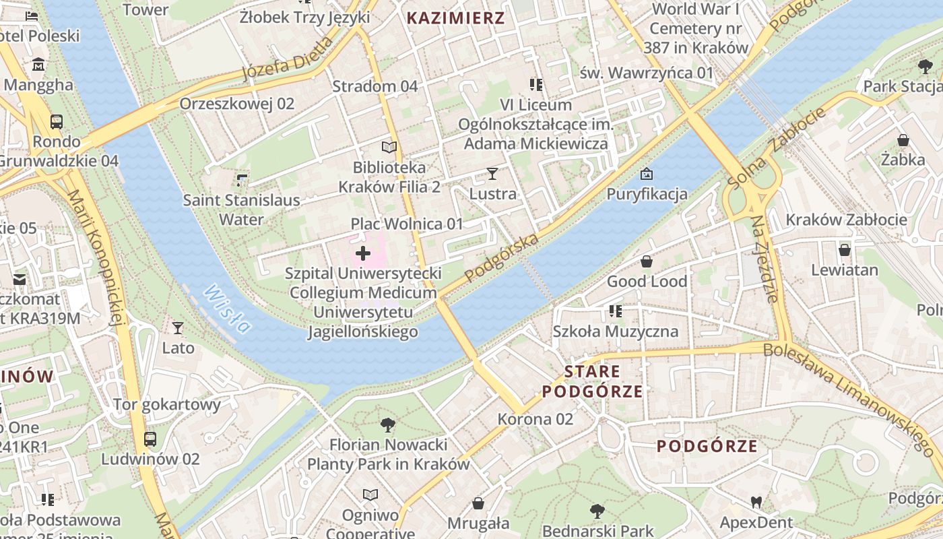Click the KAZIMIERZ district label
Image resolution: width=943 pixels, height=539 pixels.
456,18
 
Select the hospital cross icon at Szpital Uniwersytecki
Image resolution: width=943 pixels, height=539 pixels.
363,253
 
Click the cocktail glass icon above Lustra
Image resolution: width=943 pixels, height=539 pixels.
492,174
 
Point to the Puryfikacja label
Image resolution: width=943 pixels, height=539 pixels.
647,195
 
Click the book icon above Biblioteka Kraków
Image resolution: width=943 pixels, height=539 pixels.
389,147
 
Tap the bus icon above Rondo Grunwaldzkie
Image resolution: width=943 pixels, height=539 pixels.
57,122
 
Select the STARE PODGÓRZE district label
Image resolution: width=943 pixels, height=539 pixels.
592,381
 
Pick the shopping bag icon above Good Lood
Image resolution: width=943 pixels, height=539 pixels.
647,261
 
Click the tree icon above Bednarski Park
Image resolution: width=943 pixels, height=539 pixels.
597,511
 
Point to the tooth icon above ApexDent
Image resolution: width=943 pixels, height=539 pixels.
756,502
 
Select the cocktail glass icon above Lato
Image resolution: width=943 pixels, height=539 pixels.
178,328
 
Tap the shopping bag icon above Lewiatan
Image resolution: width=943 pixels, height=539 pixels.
845,250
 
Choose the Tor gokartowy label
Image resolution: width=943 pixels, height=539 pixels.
167,404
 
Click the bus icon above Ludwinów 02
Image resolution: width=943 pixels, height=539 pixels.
150,439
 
